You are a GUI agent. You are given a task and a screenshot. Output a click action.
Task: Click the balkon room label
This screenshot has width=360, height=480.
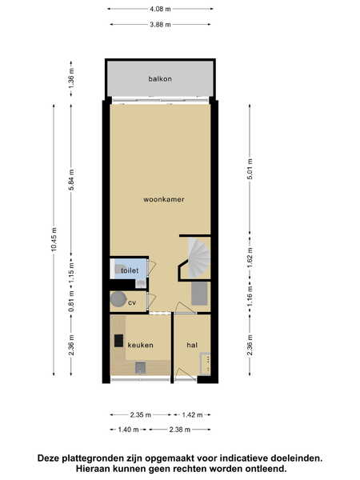point(160,79)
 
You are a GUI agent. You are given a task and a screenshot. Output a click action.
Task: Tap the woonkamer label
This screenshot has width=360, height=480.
point(164,199)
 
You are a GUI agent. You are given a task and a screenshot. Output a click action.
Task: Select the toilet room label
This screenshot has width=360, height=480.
point(130,270)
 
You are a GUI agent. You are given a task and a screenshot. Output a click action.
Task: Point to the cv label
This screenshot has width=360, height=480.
point(132,302)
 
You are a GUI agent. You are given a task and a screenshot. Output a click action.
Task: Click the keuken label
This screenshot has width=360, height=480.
point(140,345)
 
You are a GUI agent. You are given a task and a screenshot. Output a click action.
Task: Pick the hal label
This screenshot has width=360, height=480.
point(192,345)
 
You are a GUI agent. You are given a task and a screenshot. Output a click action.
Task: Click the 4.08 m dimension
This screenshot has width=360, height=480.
point(160,9)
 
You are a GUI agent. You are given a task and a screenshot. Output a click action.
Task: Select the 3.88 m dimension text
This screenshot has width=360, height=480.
point(160,24)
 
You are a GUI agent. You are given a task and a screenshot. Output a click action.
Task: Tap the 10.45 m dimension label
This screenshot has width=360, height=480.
point(54,240)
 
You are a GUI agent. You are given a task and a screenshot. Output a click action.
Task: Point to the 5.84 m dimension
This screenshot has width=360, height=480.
point(71,180)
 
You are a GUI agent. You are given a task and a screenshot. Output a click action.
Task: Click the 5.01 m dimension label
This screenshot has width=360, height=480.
point(250,169)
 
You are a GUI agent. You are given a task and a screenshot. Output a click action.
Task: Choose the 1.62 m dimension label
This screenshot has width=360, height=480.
point(250,257)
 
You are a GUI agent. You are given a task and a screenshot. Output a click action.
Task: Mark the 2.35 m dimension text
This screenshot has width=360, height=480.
point(141,414)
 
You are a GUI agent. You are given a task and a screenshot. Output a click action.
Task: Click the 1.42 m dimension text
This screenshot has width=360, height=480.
point(192,414)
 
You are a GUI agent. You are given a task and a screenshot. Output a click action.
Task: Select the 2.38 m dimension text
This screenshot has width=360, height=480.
point(180,430)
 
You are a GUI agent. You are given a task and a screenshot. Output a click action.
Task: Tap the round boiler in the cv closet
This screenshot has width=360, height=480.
point(118,298)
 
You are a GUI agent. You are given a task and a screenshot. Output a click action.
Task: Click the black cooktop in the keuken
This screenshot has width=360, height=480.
point(118,341)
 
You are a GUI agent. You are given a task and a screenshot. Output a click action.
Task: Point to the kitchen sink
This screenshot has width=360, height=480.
point(141,367)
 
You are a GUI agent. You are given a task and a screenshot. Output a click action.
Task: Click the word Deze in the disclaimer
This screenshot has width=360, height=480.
point(49,458)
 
